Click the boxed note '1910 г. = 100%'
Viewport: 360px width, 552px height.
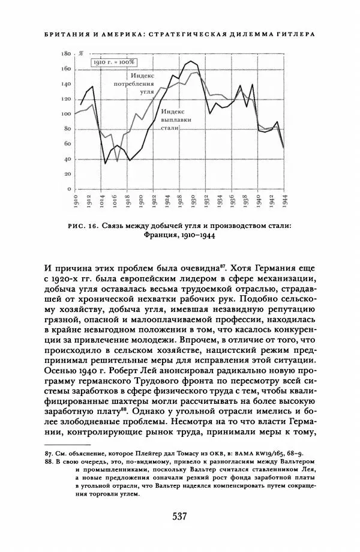coord(114,62)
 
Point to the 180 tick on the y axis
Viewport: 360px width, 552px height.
coord(66,54)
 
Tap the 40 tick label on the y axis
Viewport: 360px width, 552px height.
coord(67,160)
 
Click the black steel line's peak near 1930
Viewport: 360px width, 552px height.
coord(191,61)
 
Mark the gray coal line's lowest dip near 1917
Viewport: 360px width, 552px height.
coord(118,160)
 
